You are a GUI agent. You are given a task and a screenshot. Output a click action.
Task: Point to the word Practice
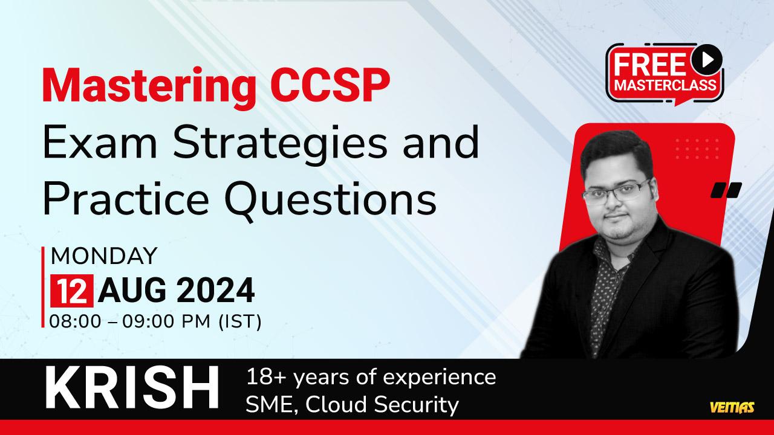click(x=125, y=198)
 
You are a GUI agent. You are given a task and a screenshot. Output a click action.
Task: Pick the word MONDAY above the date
click(x=104, y=256)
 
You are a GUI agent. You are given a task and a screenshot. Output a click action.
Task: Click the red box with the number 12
click(x=72, y=291)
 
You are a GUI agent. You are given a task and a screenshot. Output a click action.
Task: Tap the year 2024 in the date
click(x=216, y=291)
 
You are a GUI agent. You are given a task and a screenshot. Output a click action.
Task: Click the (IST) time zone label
click(x=241, y=322)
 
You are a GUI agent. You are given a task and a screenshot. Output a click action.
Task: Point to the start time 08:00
click(x=76, y=322)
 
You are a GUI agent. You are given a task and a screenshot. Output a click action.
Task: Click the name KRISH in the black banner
click(x=132, y=388)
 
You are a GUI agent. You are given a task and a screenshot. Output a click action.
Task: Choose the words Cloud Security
click(x=382, y=405)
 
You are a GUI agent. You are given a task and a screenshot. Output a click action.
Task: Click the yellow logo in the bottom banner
click(x=732, y=407)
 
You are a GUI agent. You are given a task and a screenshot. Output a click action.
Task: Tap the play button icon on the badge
click(x=707, y=60)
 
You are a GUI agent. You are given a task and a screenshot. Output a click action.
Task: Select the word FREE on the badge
click(x=649, y=65)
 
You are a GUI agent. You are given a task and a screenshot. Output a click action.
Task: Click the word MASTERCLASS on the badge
click(x=665, y=85)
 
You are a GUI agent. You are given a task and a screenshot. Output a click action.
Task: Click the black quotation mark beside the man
click(x=726, y=190)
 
